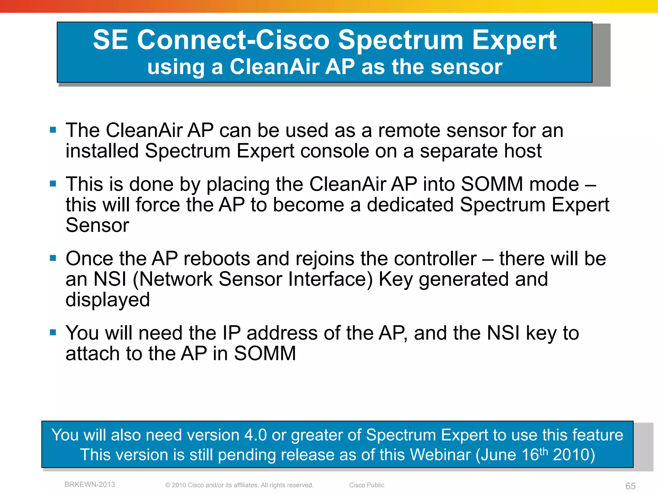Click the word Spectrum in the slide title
(x=400, y=41)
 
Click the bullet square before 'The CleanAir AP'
(x=53, y=130)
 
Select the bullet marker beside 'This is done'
(x=53, y=184)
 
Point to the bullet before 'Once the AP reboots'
(x=53, y=258)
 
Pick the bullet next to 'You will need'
(x=53, y=333)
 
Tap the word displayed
(x=108, y=300)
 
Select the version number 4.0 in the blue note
(x=255, y=435)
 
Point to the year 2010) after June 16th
(x=574, y=455)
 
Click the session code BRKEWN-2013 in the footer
(x=90, y=484)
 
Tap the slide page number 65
(x=630, y=486)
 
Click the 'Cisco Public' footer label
(x=367, y=485)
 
